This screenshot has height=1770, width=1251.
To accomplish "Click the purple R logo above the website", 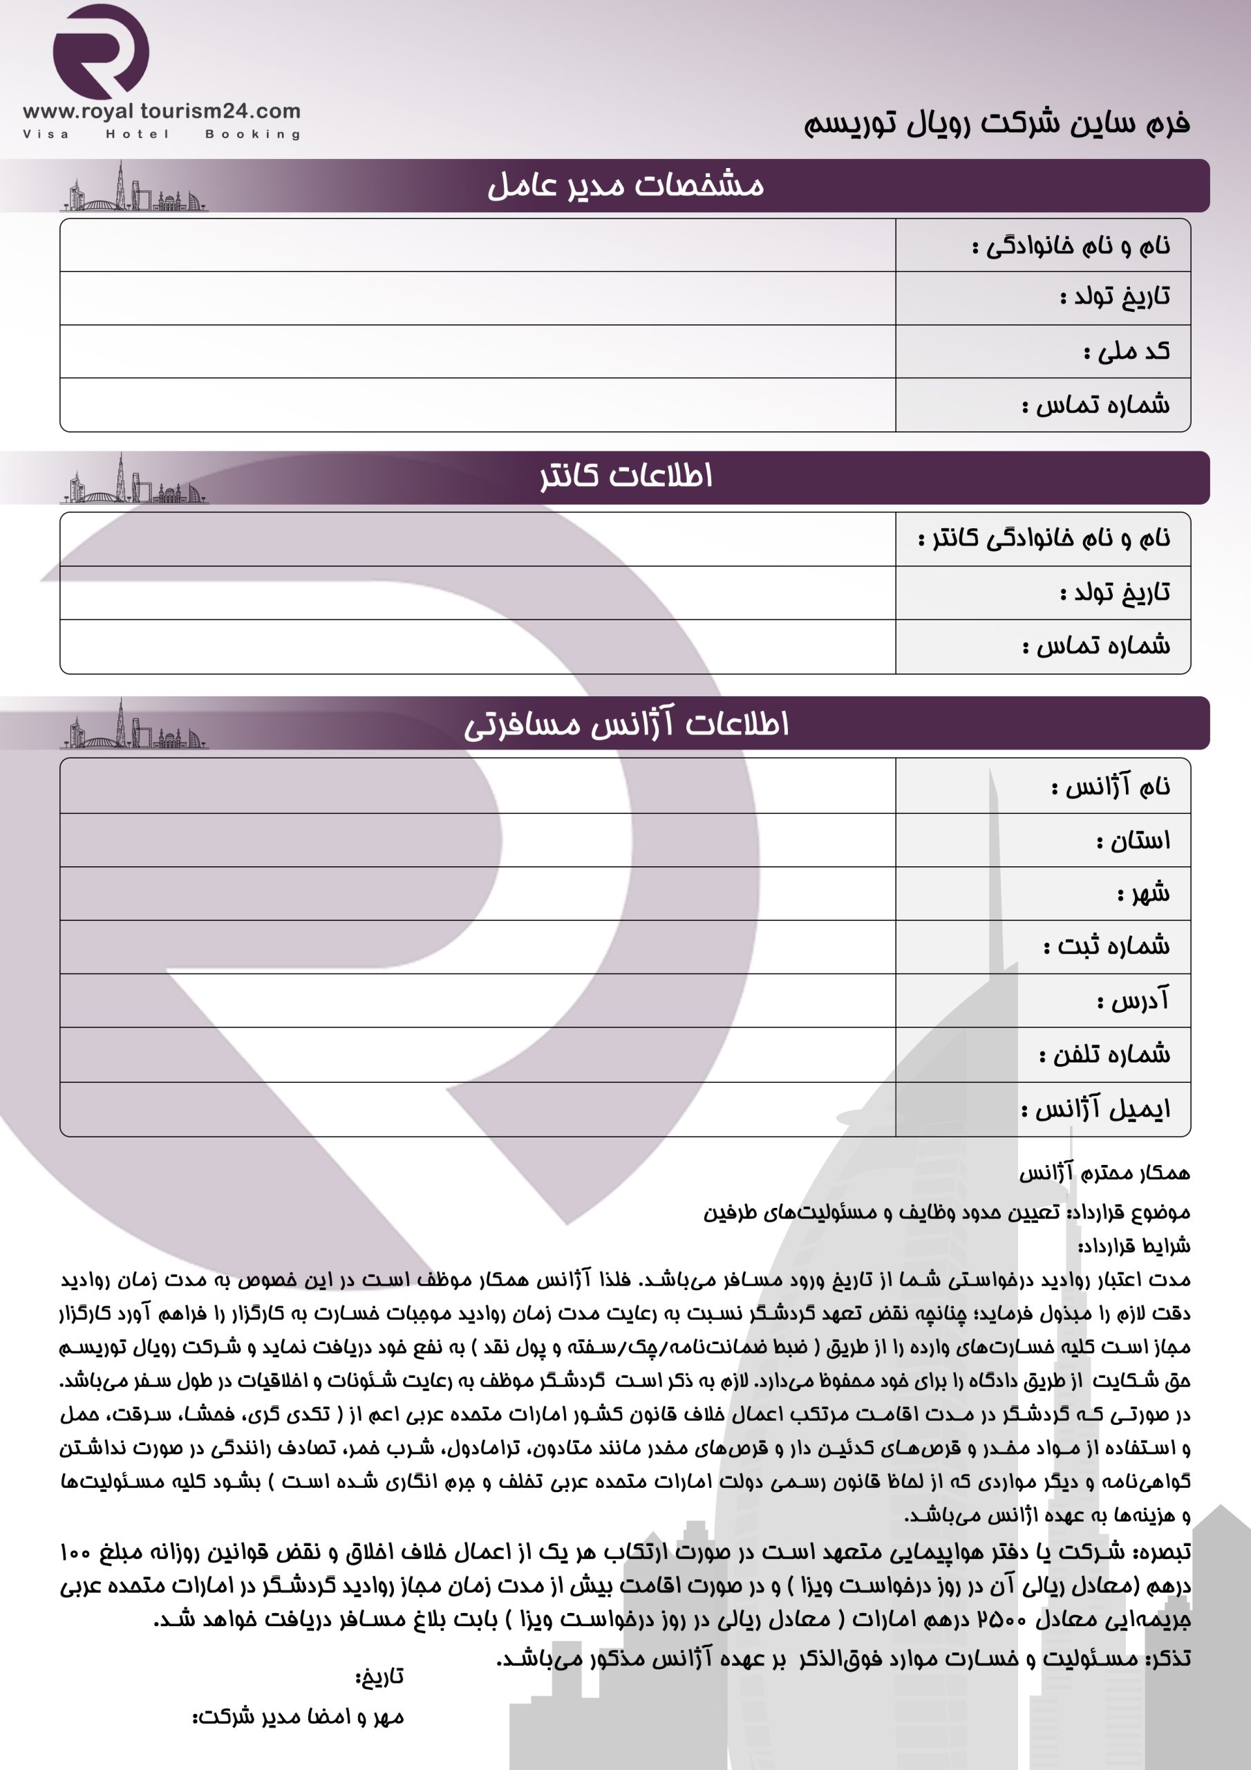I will click(x=101, y=52).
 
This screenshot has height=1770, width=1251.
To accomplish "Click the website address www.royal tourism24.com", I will click(x=162, y=112).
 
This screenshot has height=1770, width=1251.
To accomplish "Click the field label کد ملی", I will click(x=1126, y=351).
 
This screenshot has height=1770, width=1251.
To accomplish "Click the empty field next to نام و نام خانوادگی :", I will click(x=478, y=245).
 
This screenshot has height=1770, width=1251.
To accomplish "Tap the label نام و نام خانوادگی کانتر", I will click(x=1044, y=538).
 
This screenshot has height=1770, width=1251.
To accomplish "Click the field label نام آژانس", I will click(x=1110, y=786).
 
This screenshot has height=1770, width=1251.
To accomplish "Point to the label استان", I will click(x=1132, y=840).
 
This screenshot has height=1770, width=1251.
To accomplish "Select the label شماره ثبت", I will click(x=1106, y=947).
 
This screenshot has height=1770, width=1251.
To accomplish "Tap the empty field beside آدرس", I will click(x=478, y=1000).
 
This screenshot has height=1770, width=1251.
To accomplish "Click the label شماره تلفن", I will click(x=1104, y=1054).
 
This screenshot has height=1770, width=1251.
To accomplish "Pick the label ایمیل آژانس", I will click(x=1095, y=1109).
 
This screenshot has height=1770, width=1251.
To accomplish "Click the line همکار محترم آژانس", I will click(x=1104, y=1173).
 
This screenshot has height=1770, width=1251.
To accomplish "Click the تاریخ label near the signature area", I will click(x=379, y=1676).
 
